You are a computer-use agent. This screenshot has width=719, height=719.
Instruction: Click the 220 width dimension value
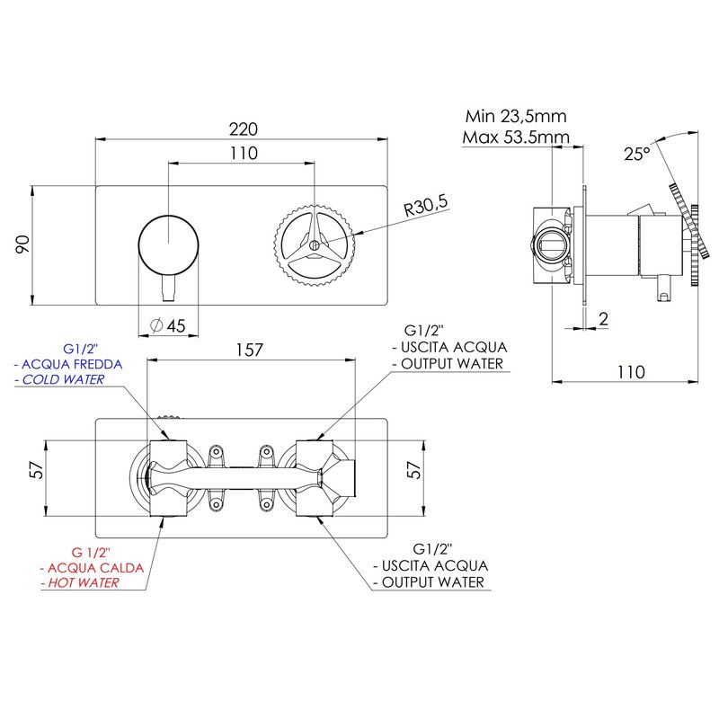(x=243, y=129)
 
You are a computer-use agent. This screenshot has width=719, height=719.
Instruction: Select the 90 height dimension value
(x=22, y=244)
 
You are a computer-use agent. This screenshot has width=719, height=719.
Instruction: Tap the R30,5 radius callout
(x=425, y=206)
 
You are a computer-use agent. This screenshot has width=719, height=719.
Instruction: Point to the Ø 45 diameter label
(x=168, y=326)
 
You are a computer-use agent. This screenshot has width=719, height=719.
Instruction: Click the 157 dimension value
(x=249, y=351)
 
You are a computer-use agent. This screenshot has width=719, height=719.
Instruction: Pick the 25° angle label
(x=637, y=154)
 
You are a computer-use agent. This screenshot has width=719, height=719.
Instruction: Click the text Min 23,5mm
(x=516, y=117)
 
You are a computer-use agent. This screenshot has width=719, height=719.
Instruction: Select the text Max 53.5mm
(x=516, y=138)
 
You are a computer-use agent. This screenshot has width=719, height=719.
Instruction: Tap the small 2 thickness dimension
(x=603, y=319)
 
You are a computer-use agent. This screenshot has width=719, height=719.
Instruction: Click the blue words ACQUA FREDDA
(x=72, y=365)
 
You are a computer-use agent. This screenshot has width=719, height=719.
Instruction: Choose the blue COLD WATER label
(x=63, y=379)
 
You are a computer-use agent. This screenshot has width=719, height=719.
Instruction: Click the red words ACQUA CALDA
(x=96, y=568)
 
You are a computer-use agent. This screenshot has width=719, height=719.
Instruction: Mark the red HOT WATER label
(x=84, y=582)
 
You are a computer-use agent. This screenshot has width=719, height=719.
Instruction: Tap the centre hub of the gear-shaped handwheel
(x=314, y=245)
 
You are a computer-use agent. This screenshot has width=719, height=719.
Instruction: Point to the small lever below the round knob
(x=169, y=288)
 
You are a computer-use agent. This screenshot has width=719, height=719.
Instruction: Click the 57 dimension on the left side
(x=37, y=470)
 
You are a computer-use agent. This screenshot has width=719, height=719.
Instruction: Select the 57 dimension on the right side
(x=414, y=470)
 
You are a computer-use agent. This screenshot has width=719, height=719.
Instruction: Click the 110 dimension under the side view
(x=631, y=372)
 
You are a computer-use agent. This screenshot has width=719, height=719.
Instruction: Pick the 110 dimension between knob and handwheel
(x=244, y=153)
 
